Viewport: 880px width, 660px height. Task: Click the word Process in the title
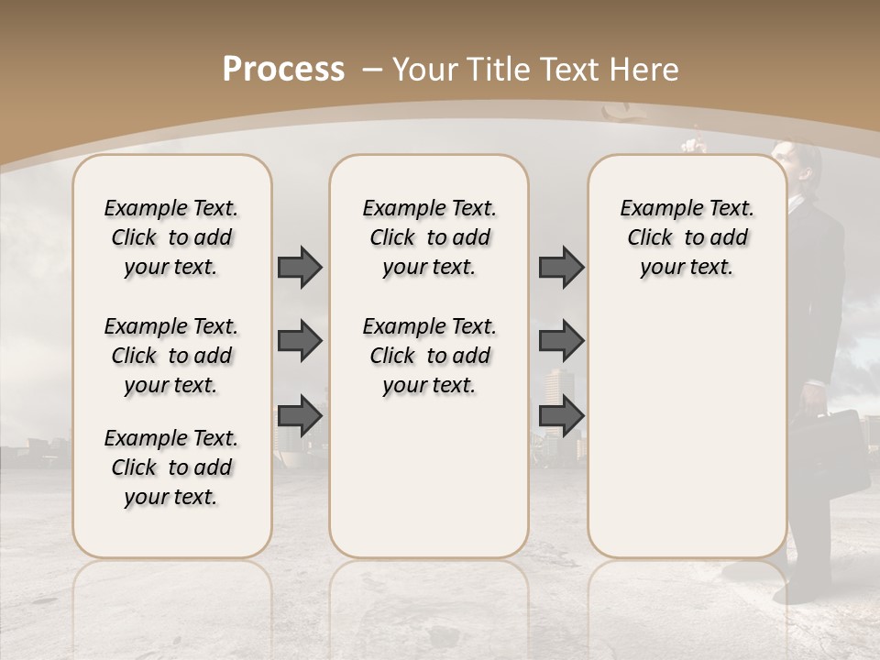tap(283, 70)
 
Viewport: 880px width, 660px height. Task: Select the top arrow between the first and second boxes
tap(300, 268)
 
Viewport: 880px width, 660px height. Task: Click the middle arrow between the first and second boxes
tap(300, 342)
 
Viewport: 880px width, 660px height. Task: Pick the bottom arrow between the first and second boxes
tap(300, 415)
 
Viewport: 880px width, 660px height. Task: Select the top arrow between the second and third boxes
tap(561, 268)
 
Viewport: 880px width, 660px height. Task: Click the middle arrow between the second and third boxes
tap(561, 341)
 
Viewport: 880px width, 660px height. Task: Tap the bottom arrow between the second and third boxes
tap(561, 415)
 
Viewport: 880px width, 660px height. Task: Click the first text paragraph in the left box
tap(171, 237)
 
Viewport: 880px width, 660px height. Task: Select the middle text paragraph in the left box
tap(171, 356)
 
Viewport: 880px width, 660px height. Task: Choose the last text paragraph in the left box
tap(171, 467)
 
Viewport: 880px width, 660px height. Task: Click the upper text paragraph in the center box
tap(429, 237)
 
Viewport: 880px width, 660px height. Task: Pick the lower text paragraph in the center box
tap(429, 356)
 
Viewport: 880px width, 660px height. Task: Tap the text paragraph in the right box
tap(687, 237)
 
